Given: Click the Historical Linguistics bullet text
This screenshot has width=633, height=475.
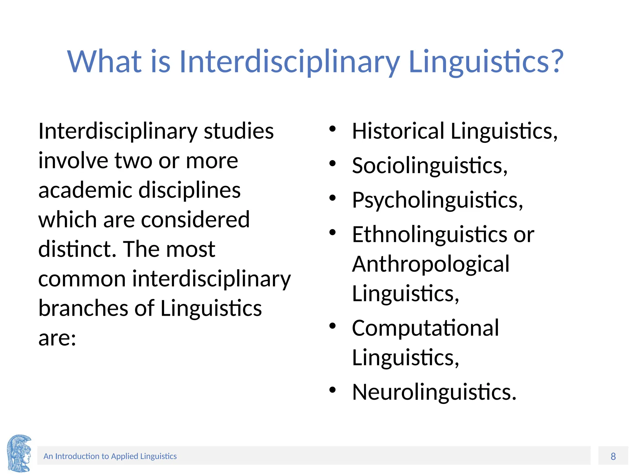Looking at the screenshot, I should (454, 131).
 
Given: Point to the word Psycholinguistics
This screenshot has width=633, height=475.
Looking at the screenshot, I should (437, 200).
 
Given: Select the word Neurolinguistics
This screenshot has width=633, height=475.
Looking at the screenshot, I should (434, 392).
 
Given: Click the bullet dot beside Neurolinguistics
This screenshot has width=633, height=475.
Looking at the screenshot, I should (332, 390).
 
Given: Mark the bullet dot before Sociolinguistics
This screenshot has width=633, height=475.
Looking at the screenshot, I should (332, 164).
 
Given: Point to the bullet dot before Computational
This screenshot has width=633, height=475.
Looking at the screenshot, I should (332, 326).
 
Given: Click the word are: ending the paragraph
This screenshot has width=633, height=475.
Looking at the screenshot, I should (57, 338).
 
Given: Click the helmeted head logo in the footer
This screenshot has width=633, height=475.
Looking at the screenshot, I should (19, 453).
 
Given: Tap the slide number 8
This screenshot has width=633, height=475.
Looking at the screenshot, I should (613, 456).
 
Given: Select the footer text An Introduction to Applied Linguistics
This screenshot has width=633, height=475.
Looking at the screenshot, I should (110, 456).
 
